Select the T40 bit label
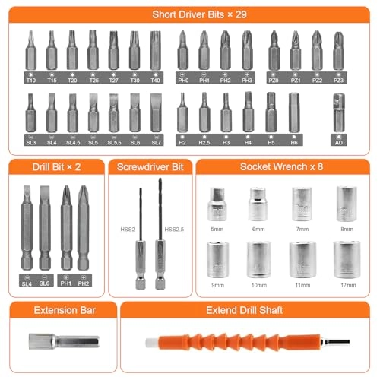click(x=155, y=79)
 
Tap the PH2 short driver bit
click(x=225, y=50)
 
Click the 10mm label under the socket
click(x=259, y=284)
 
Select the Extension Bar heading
click(x=58, y=310)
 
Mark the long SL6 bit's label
click(x=46, y=283)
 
